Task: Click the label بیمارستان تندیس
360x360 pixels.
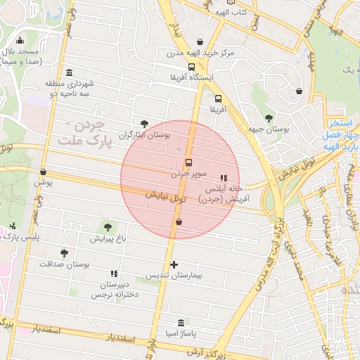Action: pos(174,276)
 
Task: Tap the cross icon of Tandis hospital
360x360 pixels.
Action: pos(174,264)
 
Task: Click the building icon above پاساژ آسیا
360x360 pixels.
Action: pos(181,323)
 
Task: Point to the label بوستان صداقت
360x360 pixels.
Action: pos(65,264)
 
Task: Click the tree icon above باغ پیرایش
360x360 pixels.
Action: pos(108,227)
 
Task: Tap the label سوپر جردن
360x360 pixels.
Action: pos(188,173)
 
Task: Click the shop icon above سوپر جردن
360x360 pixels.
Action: pos(188,163)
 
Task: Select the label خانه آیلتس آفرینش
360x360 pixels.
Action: pos(224,194)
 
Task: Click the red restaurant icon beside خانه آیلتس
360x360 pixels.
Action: pos(224,179)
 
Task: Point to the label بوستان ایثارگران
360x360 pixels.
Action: pos(144,134)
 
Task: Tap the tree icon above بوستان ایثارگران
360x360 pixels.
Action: pos(144,124)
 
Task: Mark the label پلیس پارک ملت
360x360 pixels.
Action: pos(20,238)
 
